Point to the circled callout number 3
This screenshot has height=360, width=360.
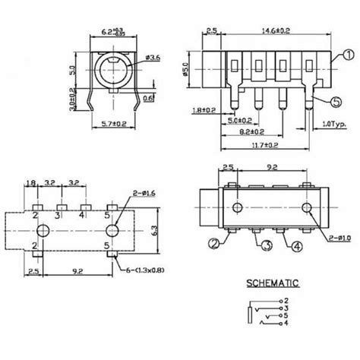265,245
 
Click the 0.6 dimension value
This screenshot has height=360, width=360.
150,97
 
